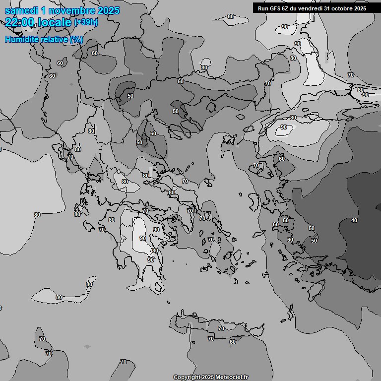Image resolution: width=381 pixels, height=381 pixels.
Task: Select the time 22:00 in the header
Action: click(20, 22)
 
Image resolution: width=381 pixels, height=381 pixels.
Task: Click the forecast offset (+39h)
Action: click(85, 22)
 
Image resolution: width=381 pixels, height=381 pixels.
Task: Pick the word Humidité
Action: click(21, 39)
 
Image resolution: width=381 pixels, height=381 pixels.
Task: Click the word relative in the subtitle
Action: click(53, 39)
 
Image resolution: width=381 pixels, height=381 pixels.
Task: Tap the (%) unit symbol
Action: click(76, 39)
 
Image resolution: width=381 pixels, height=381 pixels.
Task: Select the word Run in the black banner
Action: click(263, 8)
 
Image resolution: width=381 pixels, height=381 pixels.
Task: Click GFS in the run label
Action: click(275, 8)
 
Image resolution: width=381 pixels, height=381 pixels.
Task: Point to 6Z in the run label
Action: click(286, 8)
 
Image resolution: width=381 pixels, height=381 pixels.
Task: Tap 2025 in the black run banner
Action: click(360, 8)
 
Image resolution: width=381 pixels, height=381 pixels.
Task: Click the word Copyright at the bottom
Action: click(187, 378)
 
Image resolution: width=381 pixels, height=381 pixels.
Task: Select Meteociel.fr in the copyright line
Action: click(231, 378)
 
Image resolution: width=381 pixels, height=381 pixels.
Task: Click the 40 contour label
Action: click(354, 220)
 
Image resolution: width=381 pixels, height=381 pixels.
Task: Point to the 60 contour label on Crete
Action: click(232, 342)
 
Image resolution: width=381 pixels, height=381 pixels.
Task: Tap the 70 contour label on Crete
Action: click(211, 339)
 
